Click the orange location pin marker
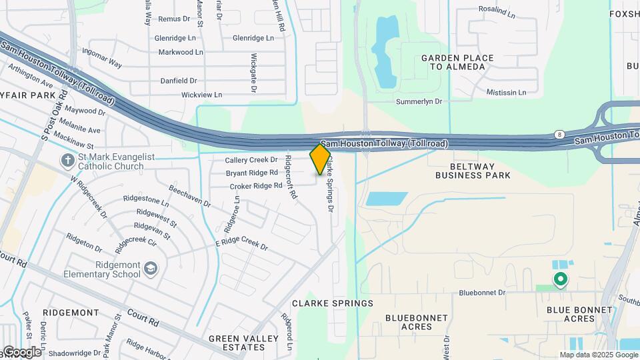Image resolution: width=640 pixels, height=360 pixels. pos(321,159)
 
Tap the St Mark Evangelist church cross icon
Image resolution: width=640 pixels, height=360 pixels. pos(67,160)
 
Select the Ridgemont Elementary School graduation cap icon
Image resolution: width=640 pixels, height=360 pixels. pos(151,269)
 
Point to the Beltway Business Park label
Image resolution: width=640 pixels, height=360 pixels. pos(473,170)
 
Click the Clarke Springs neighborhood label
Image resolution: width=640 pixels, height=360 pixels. pos(333,303)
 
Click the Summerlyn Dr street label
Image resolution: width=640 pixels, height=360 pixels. pos(419,101)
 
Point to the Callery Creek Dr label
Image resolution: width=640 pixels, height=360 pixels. pos(251,160)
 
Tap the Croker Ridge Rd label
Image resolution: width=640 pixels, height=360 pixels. pos(256,186)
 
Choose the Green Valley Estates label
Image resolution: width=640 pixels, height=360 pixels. pos(243,343)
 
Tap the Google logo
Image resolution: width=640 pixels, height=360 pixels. pos(21,351)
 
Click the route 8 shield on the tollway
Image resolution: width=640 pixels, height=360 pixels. pos(558,135)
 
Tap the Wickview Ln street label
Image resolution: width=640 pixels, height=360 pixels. pos(202,95)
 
